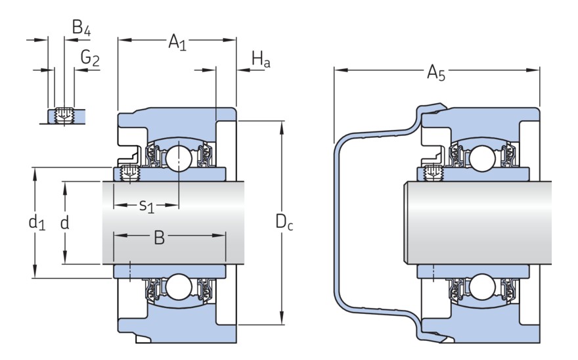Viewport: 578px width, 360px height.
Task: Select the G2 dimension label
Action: pyautogui.click(x=90, y=58)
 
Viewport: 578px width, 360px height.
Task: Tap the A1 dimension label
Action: pyautogui.click(x=177, y=42)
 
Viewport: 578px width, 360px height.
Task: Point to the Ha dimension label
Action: pyautogui.click(x=261, y=61)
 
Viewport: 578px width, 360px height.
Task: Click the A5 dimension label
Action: pyautogui.click(x=435, y=72)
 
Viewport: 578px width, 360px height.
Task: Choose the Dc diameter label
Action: pyautogui.click(x=284, y=224)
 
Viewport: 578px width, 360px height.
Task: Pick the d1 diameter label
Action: pyautogui.click(x=37, y=223)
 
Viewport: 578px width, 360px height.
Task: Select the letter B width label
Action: pyautogui.click(x=159, y=238)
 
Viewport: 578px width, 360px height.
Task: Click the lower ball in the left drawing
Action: pyautogui.click(x=178, y=286)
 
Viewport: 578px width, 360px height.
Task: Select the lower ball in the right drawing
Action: pyautogui.click(x=483, y=286)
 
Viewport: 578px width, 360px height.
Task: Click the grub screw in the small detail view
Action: pyautogui.click(x=64, y=115)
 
